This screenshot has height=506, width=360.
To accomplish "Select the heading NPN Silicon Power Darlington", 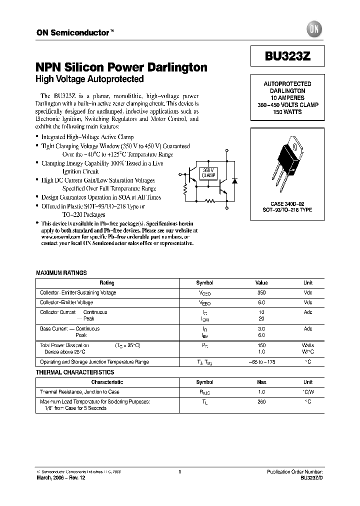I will point(121,67).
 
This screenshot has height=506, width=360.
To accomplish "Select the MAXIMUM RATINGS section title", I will point(61,273).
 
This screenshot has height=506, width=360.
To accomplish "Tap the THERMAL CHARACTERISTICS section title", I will point(75,372).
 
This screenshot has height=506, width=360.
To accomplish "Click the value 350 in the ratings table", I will point(261,292).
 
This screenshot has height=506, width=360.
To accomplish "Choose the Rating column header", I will point(107,282).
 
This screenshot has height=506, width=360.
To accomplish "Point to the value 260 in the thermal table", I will point(261,401).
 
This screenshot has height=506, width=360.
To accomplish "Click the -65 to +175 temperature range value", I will point(261,362).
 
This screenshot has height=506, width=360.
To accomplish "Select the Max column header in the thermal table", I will point(261,382).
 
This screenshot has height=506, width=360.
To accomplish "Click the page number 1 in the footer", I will point(180,471).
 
